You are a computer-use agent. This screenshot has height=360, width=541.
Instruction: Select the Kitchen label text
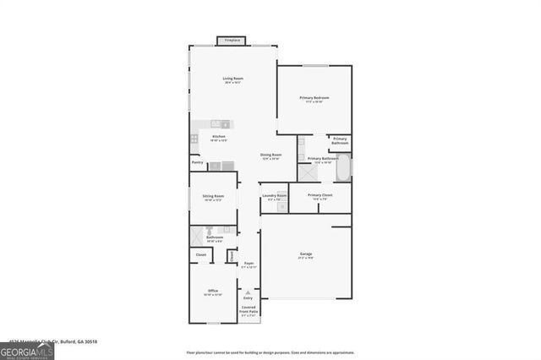click(219, 138)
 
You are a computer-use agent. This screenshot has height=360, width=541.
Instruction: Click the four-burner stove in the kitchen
click(194, 138)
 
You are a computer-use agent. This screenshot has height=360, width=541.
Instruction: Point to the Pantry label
click(197, 162)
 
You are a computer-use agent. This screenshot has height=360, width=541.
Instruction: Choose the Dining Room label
click(270, 156)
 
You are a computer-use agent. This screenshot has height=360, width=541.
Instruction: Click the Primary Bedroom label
click(314, 100)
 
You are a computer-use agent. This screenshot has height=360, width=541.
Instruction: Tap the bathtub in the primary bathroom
click(343, 169)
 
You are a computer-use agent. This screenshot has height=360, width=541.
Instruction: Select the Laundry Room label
click(275, 196)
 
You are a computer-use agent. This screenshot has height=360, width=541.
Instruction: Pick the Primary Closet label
click(320, 196)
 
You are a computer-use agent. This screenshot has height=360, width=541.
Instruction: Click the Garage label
click(305, 255)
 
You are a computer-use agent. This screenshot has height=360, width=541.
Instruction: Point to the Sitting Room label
click(212, 197)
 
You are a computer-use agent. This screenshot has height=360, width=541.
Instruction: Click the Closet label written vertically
click(231, 255)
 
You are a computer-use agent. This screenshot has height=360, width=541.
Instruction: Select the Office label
click(213, 292)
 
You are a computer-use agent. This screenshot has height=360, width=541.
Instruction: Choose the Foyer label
click(249, 265)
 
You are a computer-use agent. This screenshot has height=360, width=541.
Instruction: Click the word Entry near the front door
click(249, 297)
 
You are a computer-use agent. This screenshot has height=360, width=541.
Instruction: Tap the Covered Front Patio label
click(249, 311)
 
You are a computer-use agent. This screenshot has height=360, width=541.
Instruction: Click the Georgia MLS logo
click(27, 351)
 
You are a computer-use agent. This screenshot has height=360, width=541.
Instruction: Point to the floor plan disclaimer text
click(270, 352)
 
